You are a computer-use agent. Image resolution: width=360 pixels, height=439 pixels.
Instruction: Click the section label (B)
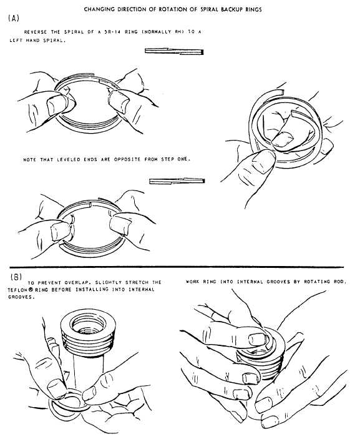16,275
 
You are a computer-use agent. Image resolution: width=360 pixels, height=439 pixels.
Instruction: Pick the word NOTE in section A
30,159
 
